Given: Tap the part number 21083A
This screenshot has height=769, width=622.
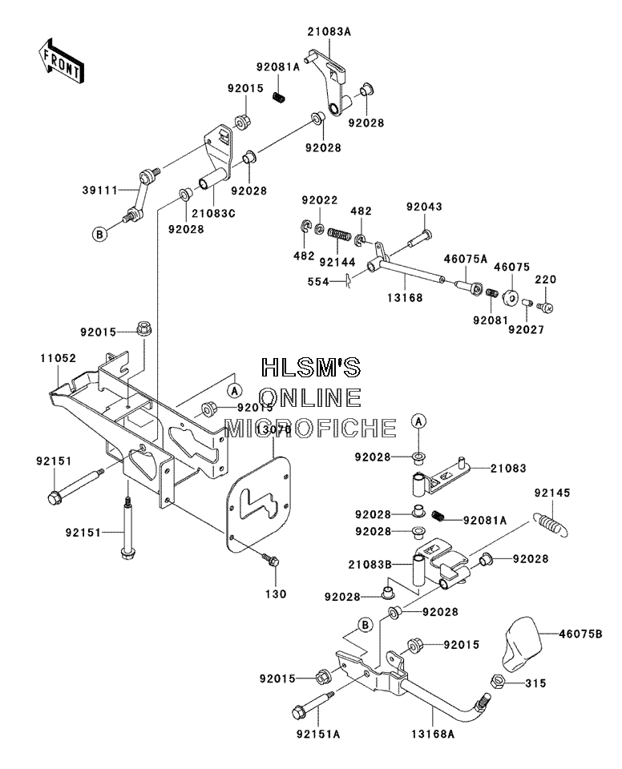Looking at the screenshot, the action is point(329,32).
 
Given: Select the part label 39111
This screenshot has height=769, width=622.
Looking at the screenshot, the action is point(100,190).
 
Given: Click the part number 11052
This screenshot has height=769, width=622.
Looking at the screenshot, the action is point(59,358).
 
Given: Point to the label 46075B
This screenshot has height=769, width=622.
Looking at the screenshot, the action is point(580,634).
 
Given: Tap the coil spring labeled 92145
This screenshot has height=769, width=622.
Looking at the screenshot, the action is point(550,523).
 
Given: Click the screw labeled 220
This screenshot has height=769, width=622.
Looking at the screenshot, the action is point(545,308).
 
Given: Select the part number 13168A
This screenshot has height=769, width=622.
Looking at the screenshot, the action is point(433,735).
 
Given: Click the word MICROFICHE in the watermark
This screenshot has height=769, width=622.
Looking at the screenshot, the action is point(310,428).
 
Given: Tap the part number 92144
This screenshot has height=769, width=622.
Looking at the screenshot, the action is point(337,263).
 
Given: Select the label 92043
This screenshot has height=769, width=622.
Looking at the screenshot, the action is point(424,207).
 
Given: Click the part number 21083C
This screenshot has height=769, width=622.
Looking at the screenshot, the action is point(213,214).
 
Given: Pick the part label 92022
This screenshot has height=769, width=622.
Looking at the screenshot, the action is point(320,200).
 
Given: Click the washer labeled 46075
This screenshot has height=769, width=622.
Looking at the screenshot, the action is point(510,297).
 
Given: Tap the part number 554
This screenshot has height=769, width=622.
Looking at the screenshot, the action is point(318,282).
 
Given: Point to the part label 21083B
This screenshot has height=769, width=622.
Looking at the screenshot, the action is point(370,565).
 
